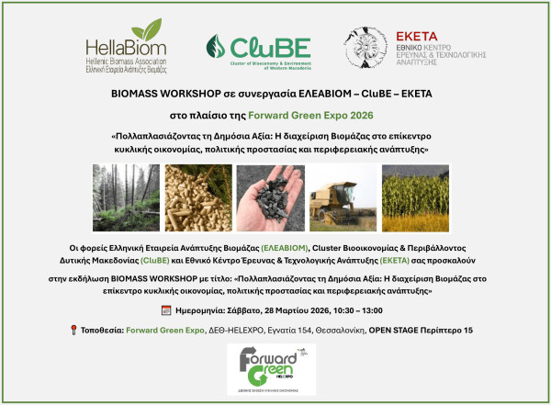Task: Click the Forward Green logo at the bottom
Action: tap(275, 367)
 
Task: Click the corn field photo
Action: tap(415, 198)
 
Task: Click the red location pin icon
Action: tap(73, 330)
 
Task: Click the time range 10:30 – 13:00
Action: tap(358, 310)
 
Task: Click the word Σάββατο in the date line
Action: tap(245, 310)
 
